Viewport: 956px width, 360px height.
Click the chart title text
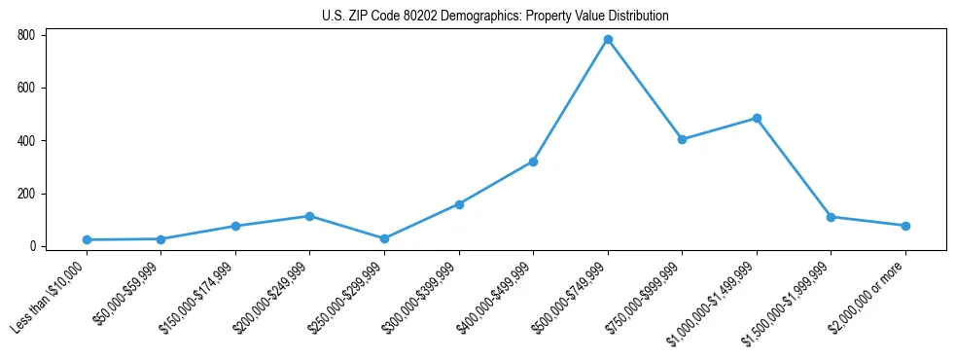[x=495, y=17]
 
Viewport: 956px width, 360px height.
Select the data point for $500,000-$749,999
[x=608, y=40]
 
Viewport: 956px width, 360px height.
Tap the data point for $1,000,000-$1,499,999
[x=757, y=119]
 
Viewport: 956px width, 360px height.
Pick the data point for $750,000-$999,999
[x=682, y=139]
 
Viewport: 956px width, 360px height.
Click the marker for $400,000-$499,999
[x=533, y=162]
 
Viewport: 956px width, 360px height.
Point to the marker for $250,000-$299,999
[x=384, y=238]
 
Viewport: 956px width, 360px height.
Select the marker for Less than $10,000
[x=87, y=239]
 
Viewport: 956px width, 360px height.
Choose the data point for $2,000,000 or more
[x=905, y=226]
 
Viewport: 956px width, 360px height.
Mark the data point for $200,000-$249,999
[x=309, y=216]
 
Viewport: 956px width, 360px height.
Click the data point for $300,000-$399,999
[x=459, y=204]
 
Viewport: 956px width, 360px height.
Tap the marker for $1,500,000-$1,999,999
[x=831, y=217]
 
